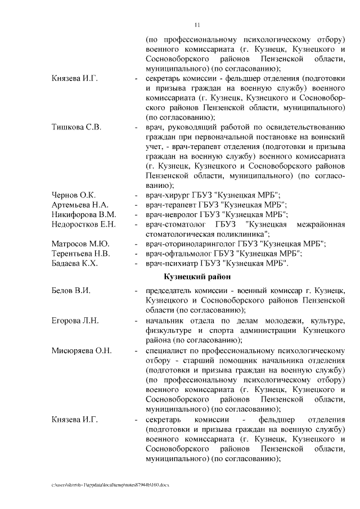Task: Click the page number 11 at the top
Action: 197,24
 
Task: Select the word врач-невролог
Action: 170,214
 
